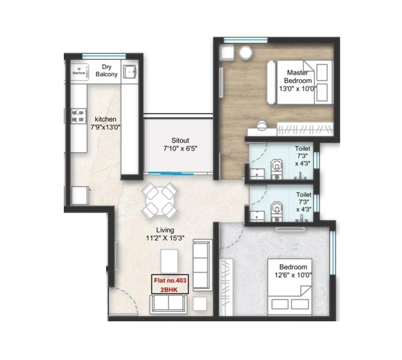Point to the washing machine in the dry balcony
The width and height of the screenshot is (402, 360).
click(x=79, y=70)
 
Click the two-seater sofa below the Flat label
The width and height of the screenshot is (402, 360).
click(x=168, y=303)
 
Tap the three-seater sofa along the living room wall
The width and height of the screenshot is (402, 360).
click(x=203, y=264)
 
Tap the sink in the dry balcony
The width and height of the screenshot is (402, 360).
click(x=130, y=72)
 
